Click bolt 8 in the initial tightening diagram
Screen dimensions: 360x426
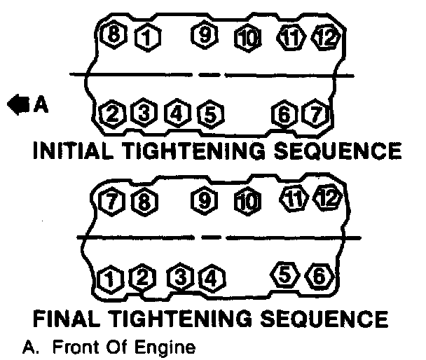[x=112, y=34]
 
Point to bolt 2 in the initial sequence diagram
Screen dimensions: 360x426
[x=112, y=113]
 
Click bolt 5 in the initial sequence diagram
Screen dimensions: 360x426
[x=208, y=112]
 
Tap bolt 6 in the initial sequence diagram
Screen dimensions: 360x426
[x=284, y=112]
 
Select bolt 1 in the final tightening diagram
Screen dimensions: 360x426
[x=110, y=279]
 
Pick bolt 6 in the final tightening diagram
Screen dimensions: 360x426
[x=318, y=276]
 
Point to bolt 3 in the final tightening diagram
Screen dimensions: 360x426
[x=180, y=278]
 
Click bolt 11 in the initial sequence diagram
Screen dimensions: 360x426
[x=291, y=35]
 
